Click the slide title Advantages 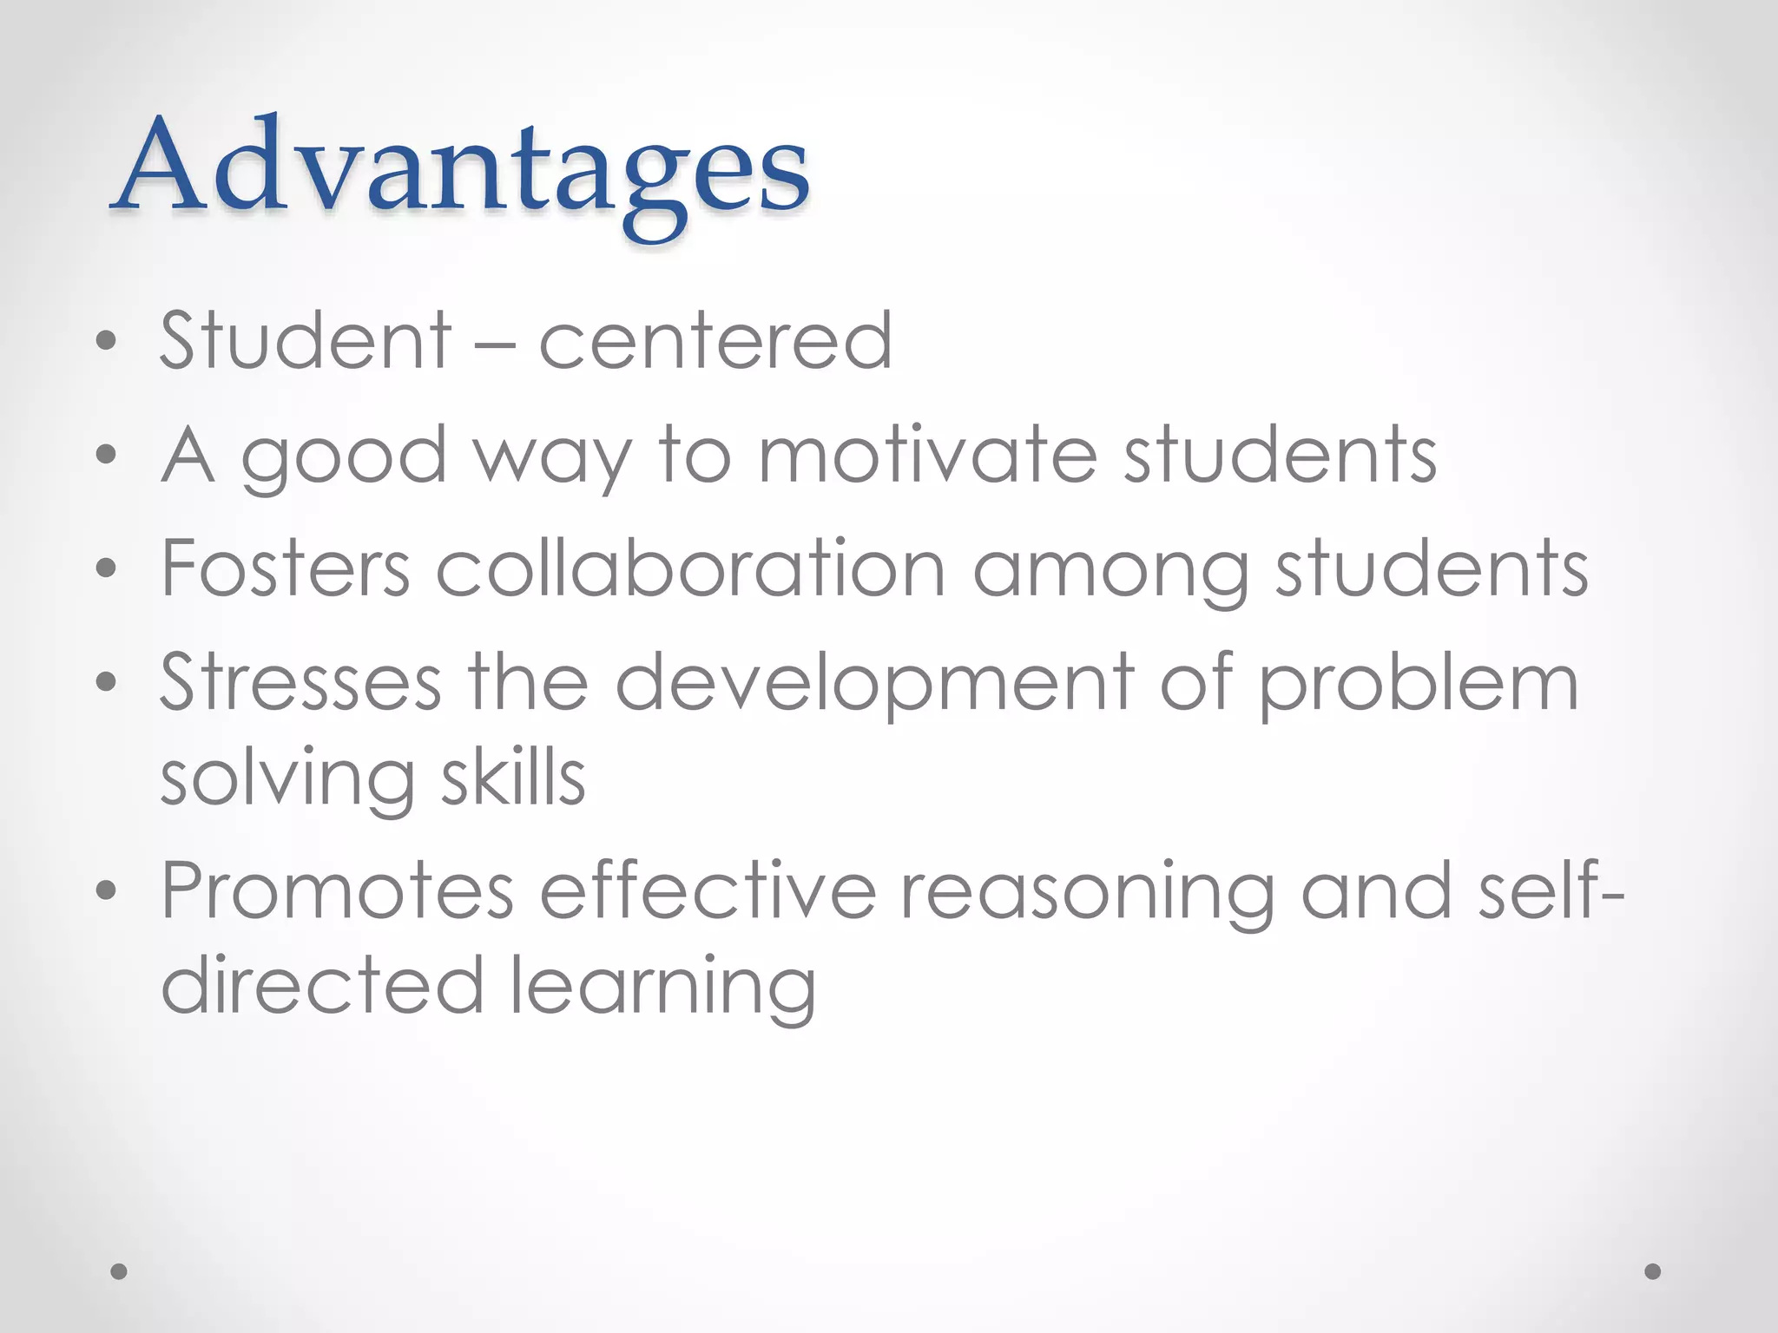460,169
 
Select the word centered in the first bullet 715,340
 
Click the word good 344,458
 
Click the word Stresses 300,682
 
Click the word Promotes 338,890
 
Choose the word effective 708,890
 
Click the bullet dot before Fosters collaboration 106,569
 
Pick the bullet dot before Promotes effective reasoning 106,890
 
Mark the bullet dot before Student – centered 106,341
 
